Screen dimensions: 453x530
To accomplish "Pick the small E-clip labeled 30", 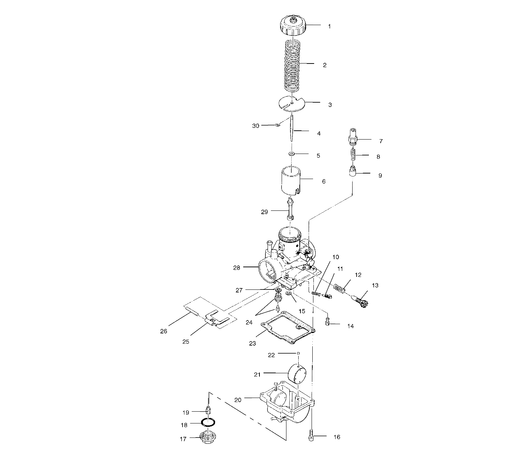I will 277,126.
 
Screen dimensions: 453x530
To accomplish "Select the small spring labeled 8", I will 353,155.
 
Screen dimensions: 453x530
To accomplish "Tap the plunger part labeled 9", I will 353,172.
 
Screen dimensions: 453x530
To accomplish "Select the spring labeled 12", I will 340,287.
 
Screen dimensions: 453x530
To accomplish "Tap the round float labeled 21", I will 298,373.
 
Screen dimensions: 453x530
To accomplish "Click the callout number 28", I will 237,268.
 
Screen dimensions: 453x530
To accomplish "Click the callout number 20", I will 238,399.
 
